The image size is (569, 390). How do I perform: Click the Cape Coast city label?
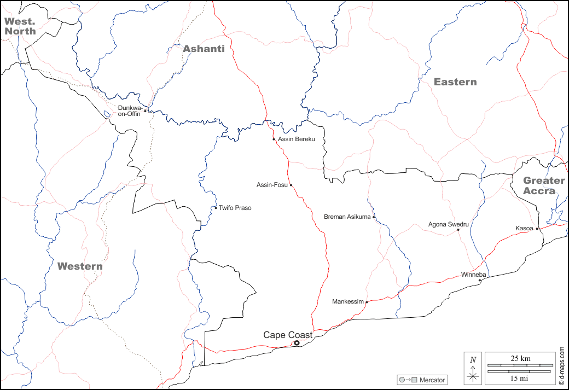(x=288, y=335)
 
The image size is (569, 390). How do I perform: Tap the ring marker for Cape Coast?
(x=297, y=343)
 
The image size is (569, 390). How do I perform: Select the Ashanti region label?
(x=204, y=49)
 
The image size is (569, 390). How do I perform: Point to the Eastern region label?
(x=455, y=82)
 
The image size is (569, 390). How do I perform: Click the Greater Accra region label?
(x=543, y=185)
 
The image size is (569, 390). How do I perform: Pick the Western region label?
(x=80, y=266)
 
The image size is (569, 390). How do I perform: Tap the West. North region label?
(x=20, y=26)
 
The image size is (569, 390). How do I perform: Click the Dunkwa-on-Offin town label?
(x=130, y=110)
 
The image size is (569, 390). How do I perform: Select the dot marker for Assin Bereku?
(x=274, y=139)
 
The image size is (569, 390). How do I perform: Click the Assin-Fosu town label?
(x=272, y=185)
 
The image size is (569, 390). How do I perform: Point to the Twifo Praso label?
(x=235, y=208)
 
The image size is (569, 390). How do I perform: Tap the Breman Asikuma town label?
(x=347, y=217)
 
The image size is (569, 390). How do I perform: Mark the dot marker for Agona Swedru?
(x=458, y=230)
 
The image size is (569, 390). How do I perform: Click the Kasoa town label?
(x=524, y=228)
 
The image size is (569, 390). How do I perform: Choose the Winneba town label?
(x=473, y=275)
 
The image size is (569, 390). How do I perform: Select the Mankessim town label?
(x=347, y=301)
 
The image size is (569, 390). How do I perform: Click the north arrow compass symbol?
(x=473, y=368)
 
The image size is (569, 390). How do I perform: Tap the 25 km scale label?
(x=520, y=358)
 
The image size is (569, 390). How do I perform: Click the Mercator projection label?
(x=432, y=380)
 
